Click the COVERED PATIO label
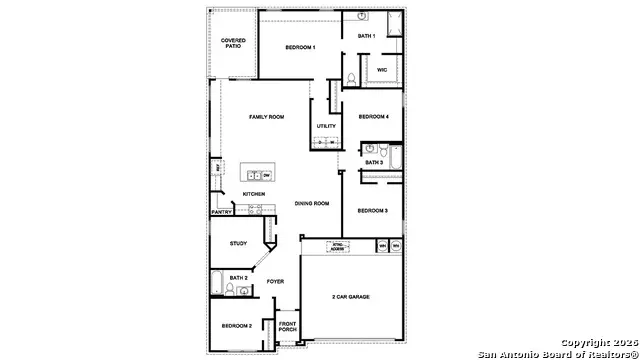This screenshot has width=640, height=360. click(x=233, y=43)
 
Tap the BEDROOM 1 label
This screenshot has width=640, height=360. click(x=300, y=47)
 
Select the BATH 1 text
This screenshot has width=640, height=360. click(x=366, y=36)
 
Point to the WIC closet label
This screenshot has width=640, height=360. click(x=382, y=69)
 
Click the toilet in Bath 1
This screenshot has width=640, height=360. click(x=352, y=78)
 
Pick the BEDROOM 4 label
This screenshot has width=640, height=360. click(x=373, y=116)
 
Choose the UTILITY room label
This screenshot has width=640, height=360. click(x=326, y=126)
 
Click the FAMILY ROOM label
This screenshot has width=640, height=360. click(x=266, y=117)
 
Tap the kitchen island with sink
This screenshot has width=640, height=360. click(x=258, y=174)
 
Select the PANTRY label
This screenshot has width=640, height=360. click(x=222, y=212)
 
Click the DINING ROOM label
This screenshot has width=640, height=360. click(x=312, y=203)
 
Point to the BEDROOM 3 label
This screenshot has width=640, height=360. click(x=372, y=210)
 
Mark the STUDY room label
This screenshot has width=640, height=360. click(x=238, y=243)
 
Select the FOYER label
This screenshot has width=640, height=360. click(x=275, y=281)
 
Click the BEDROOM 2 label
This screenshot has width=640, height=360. click(x=236, y=326)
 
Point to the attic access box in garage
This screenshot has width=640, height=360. click(x=341, y=245)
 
